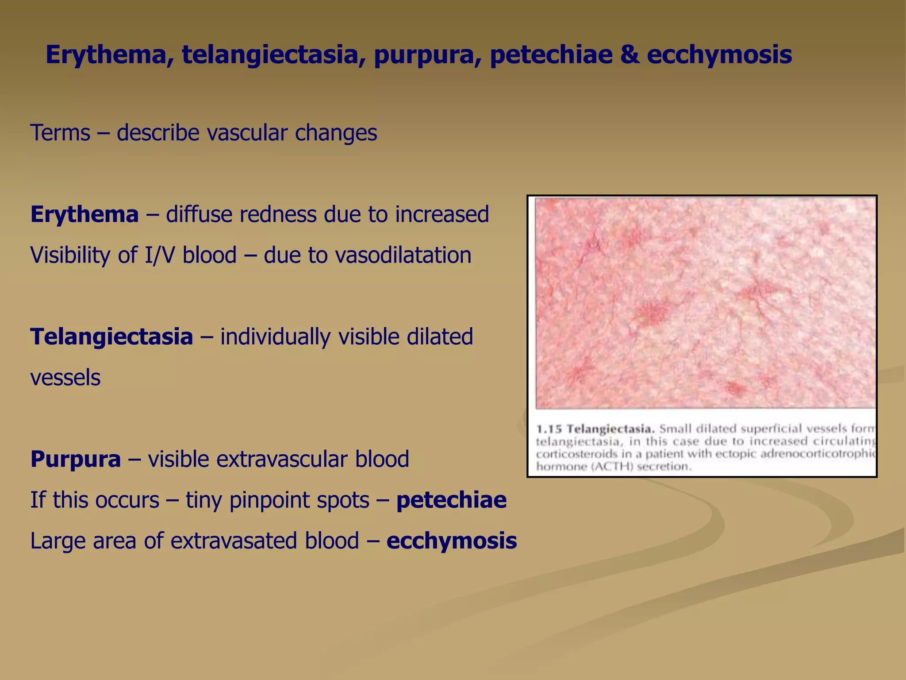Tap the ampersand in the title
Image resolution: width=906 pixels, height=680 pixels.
tap(630, 55)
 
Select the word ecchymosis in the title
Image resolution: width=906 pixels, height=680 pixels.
tap(719, 55)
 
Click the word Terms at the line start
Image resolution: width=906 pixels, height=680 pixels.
tap(60, 133)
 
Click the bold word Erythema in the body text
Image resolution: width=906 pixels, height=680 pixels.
tap(84, 215)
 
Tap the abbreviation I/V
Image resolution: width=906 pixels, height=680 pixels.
tap(160, 255)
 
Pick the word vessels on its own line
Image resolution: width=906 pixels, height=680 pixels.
tap(65, 378)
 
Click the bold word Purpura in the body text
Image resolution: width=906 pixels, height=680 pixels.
tap(75, 459)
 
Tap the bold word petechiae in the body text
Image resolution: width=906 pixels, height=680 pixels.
tap(451, 500)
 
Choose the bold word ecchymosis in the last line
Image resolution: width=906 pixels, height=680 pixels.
tap(451, 541)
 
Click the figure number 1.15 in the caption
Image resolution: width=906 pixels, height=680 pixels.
tap(549, 429)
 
